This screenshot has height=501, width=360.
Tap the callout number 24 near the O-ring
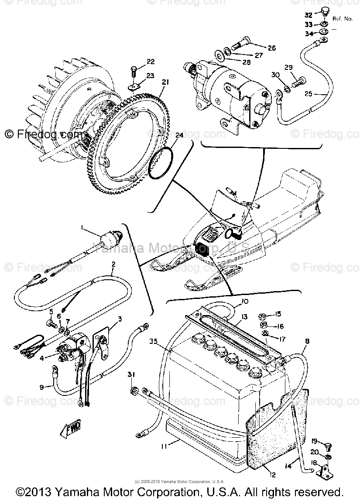pos(179,136)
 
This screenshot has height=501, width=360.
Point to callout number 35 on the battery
pos(153,341)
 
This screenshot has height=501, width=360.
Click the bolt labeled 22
pos(134,71)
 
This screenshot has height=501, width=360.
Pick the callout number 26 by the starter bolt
pos(271,48)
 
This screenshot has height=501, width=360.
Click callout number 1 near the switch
pos(81,228)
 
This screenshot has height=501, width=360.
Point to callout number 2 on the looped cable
pos(113,264)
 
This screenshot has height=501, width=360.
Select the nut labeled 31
pos(134,390)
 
